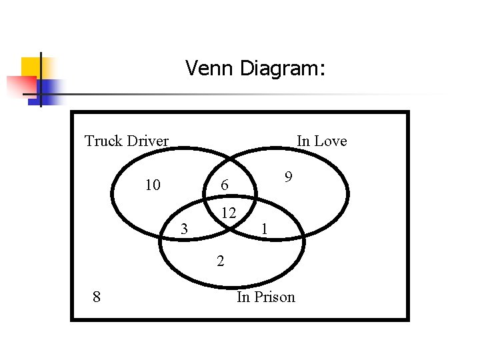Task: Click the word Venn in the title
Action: [x=209, y=68]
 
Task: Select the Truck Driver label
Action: [x=127, y=141]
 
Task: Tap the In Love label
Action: [x=321, y=141]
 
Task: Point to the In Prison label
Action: [x=265, y=297]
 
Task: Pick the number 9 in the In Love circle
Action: [x=288, y=177]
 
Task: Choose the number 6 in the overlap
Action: [x=225, y=186]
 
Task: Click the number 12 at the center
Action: [x=229, y=213]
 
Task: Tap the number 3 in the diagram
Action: [x=185, y=229]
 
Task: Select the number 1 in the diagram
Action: [x=265, y=229]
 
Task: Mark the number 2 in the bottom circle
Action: [x=220, y=261]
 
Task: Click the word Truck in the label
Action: [x=103, y=141]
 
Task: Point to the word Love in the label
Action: [x=331, y=141]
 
